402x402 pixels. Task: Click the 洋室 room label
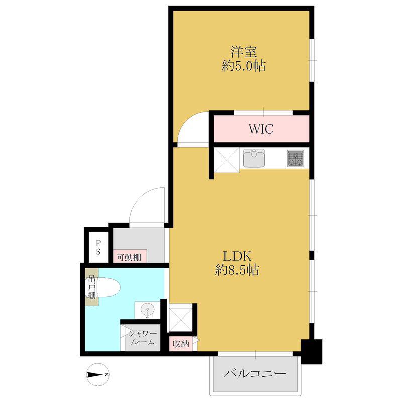(244, 52)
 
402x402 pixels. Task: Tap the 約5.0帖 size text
(244, 66)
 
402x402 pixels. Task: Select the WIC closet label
(261, 129)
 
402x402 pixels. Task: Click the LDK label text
(237, 256)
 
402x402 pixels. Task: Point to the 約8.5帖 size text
(237, 270)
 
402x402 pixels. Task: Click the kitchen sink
(254, 158)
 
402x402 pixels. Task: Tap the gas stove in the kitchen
(295, 158)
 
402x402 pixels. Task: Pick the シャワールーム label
(142, 337)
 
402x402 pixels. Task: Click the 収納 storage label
(181, 344)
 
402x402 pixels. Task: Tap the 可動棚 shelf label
(129, 257)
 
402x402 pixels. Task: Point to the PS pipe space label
(98, 247)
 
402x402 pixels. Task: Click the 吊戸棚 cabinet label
(91, 287)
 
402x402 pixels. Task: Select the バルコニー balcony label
(255, 373)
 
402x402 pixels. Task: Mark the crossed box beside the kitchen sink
(227, 160)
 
